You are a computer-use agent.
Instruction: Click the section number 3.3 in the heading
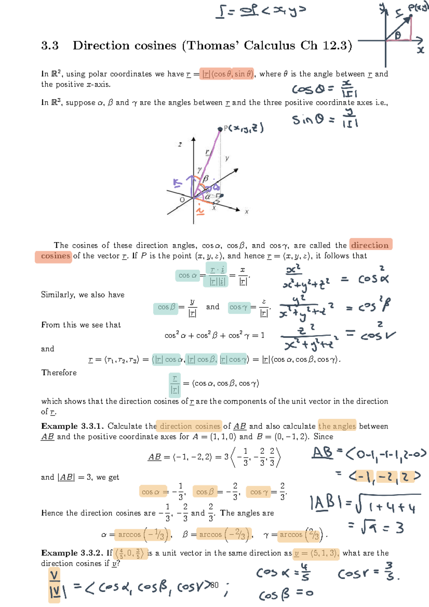click(50, 46)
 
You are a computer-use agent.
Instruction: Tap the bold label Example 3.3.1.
click(72, 426)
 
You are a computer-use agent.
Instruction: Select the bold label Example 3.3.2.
click(72, 553)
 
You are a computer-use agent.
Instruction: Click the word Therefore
click(59, 373)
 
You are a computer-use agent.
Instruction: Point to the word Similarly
click(58, 295)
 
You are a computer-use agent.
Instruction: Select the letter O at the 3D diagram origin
click(182, 200)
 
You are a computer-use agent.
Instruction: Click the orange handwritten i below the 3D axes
click(200, 211)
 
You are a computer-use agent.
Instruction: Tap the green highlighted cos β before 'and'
click(166, 307)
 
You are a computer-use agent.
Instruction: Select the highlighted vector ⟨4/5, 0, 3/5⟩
click(129, 553)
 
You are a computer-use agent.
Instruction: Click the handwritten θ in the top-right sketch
click(398, 35)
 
